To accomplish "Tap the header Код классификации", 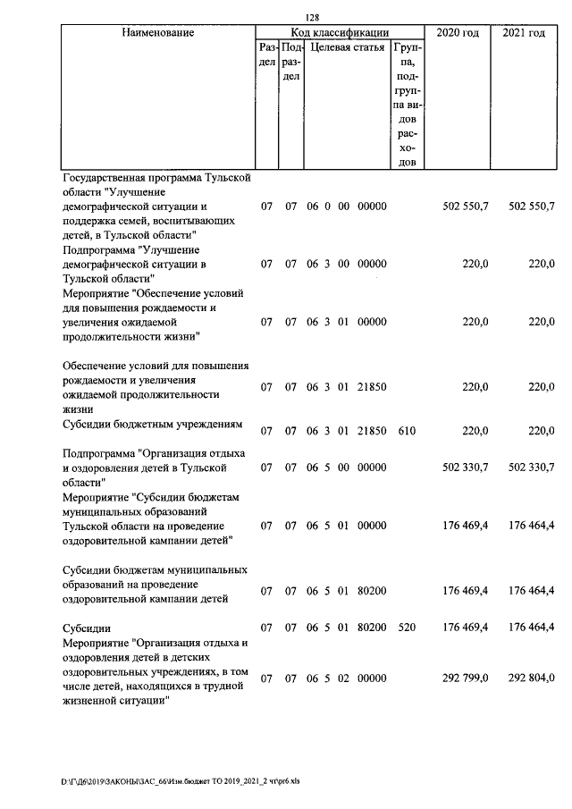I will click(x=339, y=33).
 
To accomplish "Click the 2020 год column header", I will click(x=458, y=33).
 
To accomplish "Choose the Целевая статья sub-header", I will click(x=347, y=48).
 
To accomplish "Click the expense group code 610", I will click(x=407, y=430).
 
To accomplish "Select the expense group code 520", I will click(x=407, y=628).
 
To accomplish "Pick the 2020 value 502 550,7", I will click(x=466, y=206).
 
